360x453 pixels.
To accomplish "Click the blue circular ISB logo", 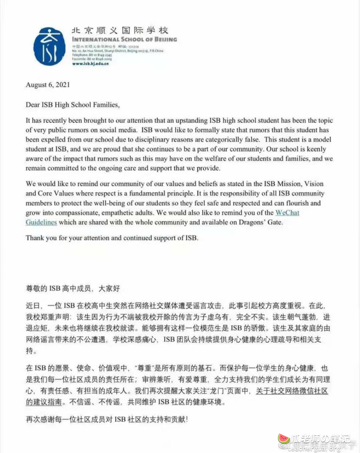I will coord(49,46).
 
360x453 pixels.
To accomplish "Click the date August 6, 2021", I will coord(48,85).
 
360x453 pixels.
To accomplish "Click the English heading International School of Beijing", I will coord(124,40).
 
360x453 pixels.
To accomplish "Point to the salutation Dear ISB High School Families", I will coord(73,105).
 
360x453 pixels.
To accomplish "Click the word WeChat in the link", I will coord(287,213).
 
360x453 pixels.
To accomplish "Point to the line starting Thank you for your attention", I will coord(112,238).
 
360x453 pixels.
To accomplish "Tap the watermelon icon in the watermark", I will coord(283,438).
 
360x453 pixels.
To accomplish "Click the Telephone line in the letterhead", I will coord(90,55).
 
